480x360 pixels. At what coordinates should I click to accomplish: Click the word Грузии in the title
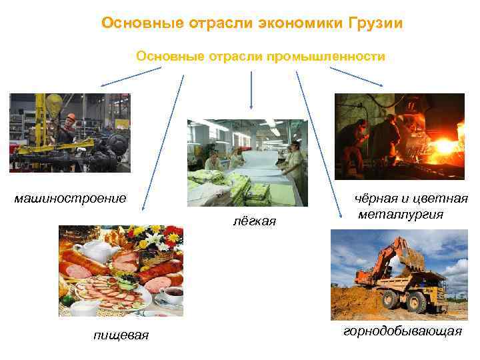pos(376,23)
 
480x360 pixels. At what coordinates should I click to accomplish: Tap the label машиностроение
pos(71,198)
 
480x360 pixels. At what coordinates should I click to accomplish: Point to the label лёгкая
pos(255,221)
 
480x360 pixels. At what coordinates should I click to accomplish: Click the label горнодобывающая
pos(403,331)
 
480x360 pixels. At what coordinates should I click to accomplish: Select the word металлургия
pos(401,214)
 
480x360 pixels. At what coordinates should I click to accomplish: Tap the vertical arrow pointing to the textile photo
pos(251,90)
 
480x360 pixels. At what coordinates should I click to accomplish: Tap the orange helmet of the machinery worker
pos(71,117)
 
